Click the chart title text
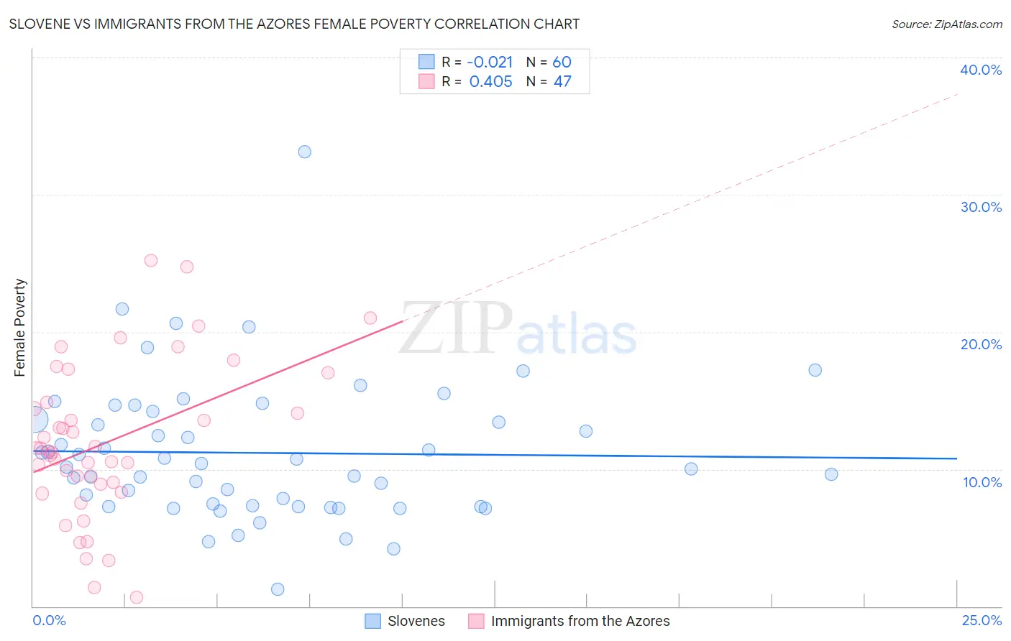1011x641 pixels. [294, 24]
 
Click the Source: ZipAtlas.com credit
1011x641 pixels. [946, 24]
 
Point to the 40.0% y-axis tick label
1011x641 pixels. [981, 70]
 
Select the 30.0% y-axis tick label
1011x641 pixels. [981, 207]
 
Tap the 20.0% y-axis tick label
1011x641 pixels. [981, 344]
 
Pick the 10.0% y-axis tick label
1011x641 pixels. [982, 482]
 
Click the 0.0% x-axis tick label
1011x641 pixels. [49, 620]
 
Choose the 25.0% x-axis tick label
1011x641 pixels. [982, 620]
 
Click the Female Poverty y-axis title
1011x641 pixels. [20, 328]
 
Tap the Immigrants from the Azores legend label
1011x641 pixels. [580, 621]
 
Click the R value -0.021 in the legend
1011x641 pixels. [490, 63]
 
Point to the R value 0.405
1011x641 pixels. [490, 82]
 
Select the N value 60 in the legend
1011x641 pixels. [562, 63]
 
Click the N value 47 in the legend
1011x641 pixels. [562, 82]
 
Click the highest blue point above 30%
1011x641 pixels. [305, 152]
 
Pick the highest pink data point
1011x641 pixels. [151, 260]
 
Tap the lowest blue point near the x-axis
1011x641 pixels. [278, 589]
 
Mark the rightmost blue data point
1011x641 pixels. [831, 474]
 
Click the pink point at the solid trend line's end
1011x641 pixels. [370, 318]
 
